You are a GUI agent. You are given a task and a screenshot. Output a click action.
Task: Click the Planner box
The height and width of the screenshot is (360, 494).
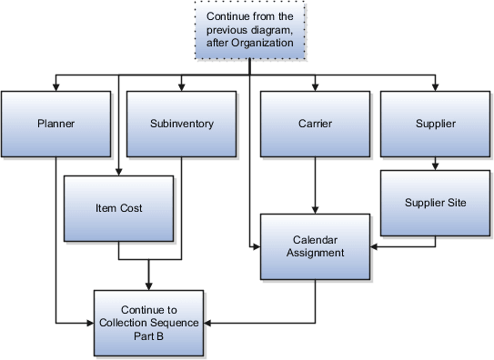point(55,123)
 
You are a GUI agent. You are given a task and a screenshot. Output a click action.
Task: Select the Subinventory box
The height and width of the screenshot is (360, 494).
point(182,123)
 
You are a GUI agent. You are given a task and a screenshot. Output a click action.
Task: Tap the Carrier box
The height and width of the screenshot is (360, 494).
point(315,123)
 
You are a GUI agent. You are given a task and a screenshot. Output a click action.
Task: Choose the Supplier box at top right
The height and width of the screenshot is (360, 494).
point(435,123)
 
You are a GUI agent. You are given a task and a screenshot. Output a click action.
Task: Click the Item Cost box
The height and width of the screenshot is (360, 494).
point(118,208)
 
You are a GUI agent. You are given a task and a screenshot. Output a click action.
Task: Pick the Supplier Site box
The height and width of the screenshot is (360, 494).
point(435,203)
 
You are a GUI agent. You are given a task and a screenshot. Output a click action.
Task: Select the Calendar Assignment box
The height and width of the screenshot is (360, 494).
point(315,246)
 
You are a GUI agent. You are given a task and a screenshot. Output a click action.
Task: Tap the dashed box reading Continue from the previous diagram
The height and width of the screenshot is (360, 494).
point(250,30)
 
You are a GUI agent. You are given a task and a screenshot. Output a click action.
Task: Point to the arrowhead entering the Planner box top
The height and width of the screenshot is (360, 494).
point(56,87)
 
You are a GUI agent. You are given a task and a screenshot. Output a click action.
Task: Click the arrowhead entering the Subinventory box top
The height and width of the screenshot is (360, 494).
point(182,87)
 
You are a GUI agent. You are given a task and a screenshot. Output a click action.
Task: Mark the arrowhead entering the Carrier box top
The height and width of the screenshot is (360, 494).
point(315,87)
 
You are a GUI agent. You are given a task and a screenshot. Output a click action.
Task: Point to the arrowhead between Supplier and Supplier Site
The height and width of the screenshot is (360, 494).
point(436,167)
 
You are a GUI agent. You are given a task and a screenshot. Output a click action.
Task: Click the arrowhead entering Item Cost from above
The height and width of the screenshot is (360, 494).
point(118,171)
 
